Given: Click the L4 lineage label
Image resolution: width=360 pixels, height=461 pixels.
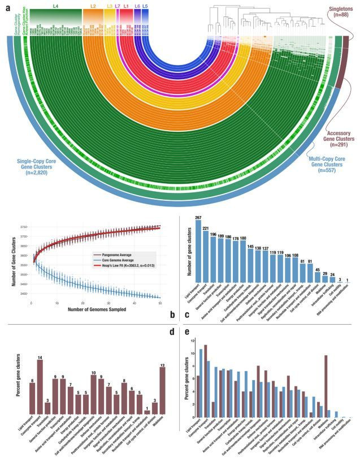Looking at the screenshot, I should point(55,5).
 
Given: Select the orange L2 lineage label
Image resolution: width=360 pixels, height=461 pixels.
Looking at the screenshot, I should point(93,5).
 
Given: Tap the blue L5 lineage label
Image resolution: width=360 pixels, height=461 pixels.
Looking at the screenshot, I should point(145,5).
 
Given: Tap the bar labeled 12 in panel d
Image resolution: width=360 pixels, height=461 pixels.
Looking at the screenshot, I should point(163,391).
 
